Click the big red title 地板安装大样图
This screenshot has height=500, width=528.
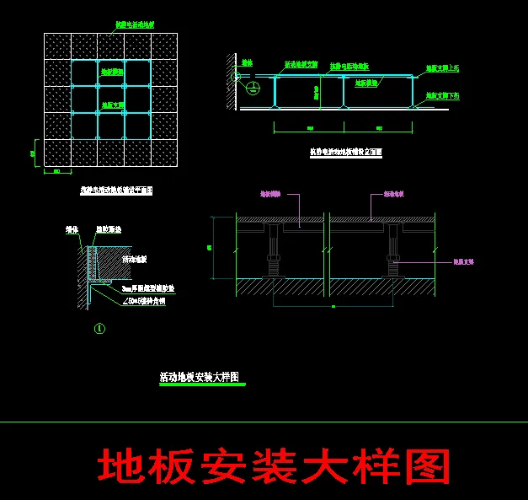(274, 466)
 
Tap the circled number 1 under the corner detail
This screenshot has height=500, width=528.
(100, 328)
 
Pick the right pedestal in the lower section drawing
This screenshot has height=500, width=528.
(392, 251)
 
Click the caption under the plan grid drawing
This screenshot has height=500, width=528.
(111, 191)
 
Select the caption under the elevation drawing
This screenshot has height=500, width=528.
(346, 153)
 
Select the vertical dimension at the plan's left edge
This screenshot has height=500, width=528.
(34, 153)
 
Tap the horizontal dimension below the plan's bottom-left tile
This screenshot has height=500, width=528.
(57, 172)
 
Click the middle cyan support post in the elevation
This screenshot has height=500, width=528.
(344, 92)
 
